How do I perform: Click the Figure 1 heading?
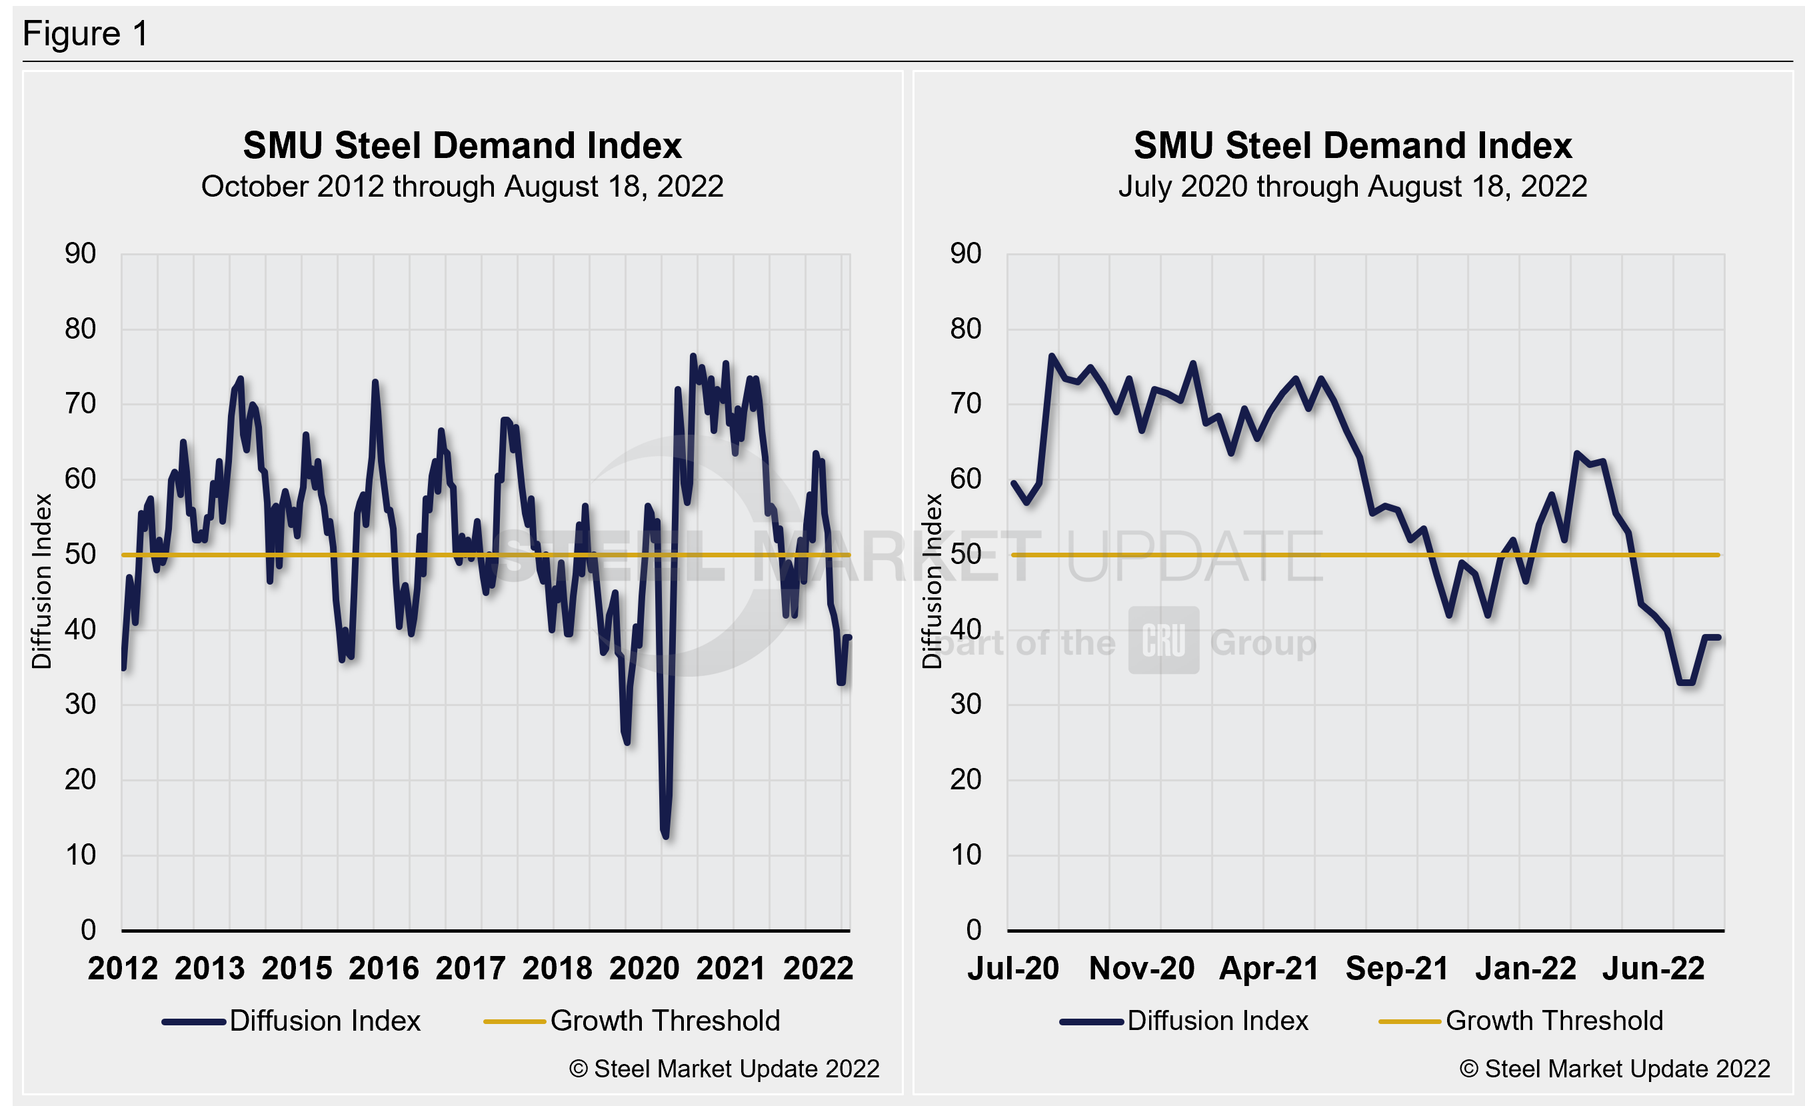tap(86, 34)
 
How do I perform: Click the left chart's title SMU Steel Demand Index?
tap(462, 145)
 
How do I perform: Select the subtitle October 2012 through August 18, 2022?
tap(462, 187)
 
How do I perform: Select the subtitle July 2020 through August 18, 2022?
tap(1352, 187)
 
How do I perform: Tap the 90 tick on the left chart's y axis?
tap(81, 254)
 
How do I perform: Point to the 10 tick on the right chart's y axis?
tap(966, 855)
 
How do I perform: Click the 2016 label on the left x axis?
tap(383, 968)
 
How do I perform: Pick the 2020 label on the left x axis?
tap(645, 968)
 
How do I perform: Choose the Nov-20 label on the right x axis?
tap(1141, 968)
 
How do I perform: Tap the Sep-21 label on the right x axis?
tap(1397, 968)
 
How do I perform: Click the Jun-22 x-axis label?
tap(1654, 968)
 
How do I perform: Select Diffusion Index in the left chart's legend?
tap(325, 1021)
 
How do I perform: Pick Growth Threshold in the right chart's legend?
tap(1554, 1021)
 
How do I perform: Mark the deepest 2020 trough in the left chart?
tap(665, 835)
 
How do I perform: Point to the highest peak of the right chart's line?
tap(1052, 356)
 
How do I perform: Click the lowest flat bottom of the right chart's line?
tap(1686, 682)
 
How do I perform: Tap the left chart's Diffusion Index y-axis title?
tap(42, 581)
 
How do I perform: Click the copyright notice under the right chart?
tap(1614, 1069)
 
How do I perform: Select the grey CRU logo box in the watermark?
tap(1163, 640)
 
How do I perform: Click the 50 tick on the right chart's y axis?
tap(966, 555)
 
